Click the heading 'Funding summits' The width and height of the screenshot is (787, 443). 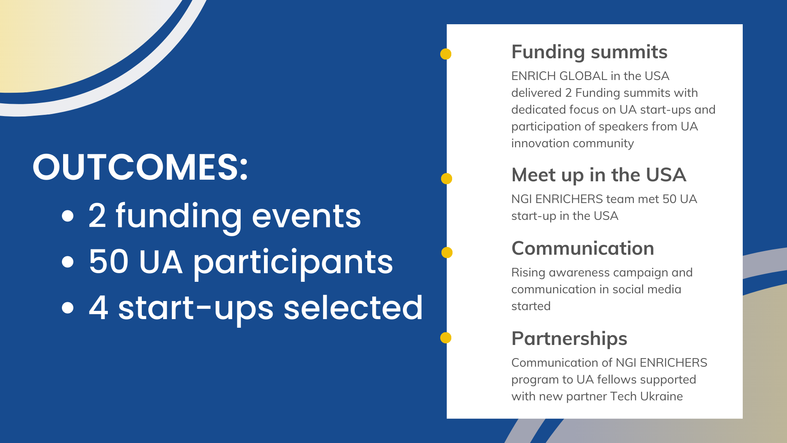coord(589,53)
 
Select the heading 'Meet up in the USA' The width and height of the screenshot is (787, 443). coord(599,175)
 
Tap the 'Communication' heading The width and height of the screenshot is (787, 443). coord(583,248)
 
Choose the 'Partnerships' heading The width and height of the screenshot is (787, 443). coord(569,339)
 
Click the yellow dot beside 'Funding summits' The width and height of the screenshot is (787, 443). coord(446,54)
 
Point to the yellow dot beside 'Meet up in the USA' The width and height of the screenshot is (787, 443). coord(446,179)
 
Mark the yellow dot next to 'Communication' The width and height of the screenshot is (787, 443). coord(447,253)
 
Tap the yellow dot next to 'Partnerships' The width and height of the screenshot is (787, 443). coord(446,338)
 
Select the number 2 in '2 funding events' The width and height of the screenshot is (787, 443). coord(97,216)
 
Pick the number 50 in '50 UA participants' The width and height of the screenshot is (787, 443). coord(109,262)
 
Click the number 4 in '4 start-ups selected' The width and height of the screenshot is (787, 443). coord(98,308)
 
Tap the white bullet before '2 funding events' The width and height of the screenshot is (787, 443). coord(68,216)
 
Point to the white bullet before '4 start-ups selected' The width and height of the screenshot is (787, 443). coord(68,308)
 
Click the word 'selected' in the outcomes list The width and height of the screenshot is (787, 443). coord(353,308)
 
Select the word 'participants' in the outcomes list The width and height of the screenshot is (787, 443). coord(293,263)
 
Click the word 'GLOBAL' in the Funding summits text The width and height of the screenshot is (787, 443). coord(583,76)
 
